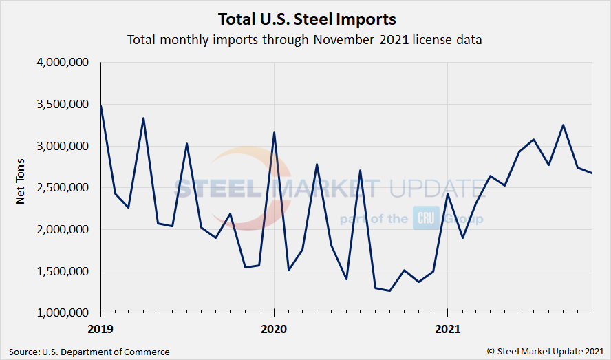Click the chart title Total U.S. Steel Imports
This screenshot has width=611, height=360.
point(305,18)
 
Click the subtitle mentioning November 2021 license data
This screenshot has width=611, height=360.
point(305,39)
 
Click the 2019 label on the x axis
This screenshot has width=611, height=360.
point(101,329)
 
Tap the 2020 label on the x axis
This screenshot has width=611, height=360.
point(274,329)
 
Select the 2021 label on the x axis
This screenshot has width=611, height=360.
point(447,329)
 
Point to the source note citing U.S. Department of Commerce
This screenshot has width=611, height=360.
point(89,352)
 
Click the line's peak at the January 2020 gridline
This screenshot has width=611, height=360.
point(274,132)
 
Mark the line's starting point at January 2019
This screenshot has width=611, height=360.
point(101,105)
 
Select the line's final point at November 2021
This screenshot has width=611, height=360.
point(592,173)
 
